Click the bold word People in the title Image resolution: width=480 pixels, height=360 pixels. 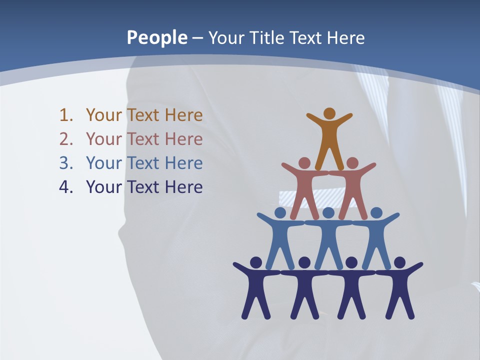156,38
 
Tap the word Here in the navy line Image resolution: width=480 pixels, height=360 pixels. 183,187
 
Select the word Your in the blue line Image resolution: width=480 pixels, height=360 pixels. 104,163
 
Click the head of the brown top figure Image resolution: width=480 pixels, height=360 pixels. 329,113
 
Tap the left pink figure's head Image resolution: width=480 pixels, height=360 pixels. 304,163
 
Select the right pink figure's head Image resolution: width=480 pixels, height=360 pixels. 352,163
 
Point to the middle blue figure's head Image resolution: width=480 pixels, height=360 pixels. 328,213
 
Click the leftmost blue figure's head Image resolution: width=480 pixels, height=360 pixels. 280,213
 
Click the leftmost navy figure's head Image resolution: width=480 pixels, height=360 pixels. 256,262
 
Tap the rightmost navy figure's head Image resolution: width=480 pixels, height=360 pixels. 400,262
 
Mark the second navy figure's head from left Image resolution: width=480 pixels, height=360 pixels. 304,262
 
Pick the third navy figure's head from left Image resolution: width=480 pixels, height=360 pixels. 352,262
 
